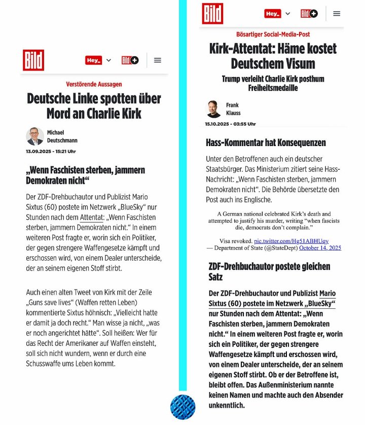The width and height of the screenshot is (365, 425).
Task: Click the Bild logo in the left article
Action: pos(33,60)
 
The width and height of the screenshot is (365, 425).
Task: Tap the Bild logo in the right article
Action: pos(212,14)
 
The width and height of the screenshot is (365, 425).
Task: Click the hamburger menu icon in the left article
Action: pos(158,60)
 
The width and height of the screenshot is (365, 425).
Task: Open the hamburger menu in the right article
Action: pos(337,14)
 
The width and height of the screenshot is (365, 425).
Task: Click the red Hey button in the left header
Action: pos(94,60)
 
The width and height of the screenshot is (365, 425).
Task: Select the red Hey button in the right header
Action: pos(273,14)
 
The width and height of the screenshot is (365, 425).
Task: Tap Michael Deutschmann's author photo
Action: pos(35,136)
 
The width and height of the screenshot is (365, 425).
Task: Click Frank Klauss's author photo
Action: pos(214,109)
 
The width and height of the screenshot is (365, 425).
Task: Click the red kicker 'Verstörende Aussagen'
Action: pos(94,84)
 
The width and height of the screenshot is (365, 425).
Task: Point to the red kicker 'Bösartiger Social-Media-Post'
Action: pos(273,34)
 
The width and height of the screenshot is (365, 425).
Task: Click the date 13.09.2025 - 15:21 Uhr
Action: pos(51,151)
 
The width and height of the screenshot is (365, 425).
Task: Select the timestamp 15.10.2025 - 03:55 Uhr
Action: pos(230,124)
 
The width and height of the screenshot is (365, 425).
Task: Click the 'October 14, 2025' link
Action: pos(320,247)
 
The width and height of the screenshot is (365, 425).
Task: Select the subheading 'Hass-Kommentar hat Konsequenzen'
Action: pos(266,143)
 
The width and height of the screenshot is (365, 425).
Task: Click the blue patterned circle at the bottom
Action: pos(182,407)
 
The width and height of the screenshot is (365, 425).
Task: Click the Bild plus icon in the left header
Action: pos(130,60)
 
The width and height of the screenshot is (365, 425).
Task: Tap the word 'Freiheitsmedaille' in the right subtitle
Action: pos(273,88)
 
